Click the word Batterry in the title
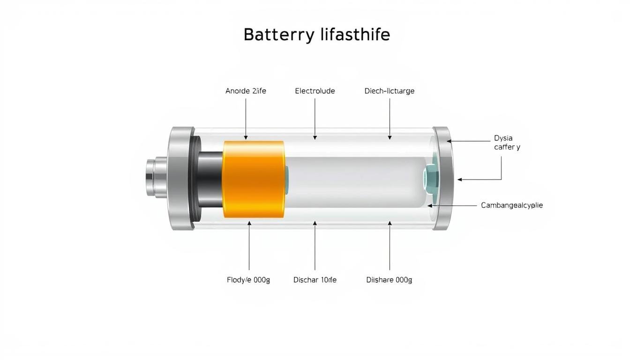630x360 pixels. point(277,35)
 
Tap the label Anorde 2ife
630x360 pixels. point(246,91)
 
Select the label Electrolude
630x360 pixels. point(315,91)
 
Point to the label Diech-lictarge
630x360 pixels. point(390,91)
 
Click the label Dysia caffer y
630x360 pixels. point(507,142)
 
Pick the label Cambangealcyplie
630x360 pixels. point(512,205)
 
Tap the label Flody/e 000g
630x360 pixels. point(248,280)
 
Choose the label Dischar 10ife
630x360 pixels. point(315,280)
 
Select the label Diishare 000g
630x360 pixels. point(389,280)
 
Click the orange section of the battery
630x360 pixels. point(253,179)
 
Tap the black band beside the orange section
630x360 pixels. point(210,179)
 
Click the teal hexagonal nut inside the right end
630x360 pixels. point(430,179)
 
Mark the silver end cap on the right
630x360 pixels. point(443,179)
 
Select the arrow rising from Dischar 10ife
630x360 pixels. point(315,244)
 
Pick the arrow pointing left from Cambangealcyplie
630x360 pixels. point(450,205)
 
